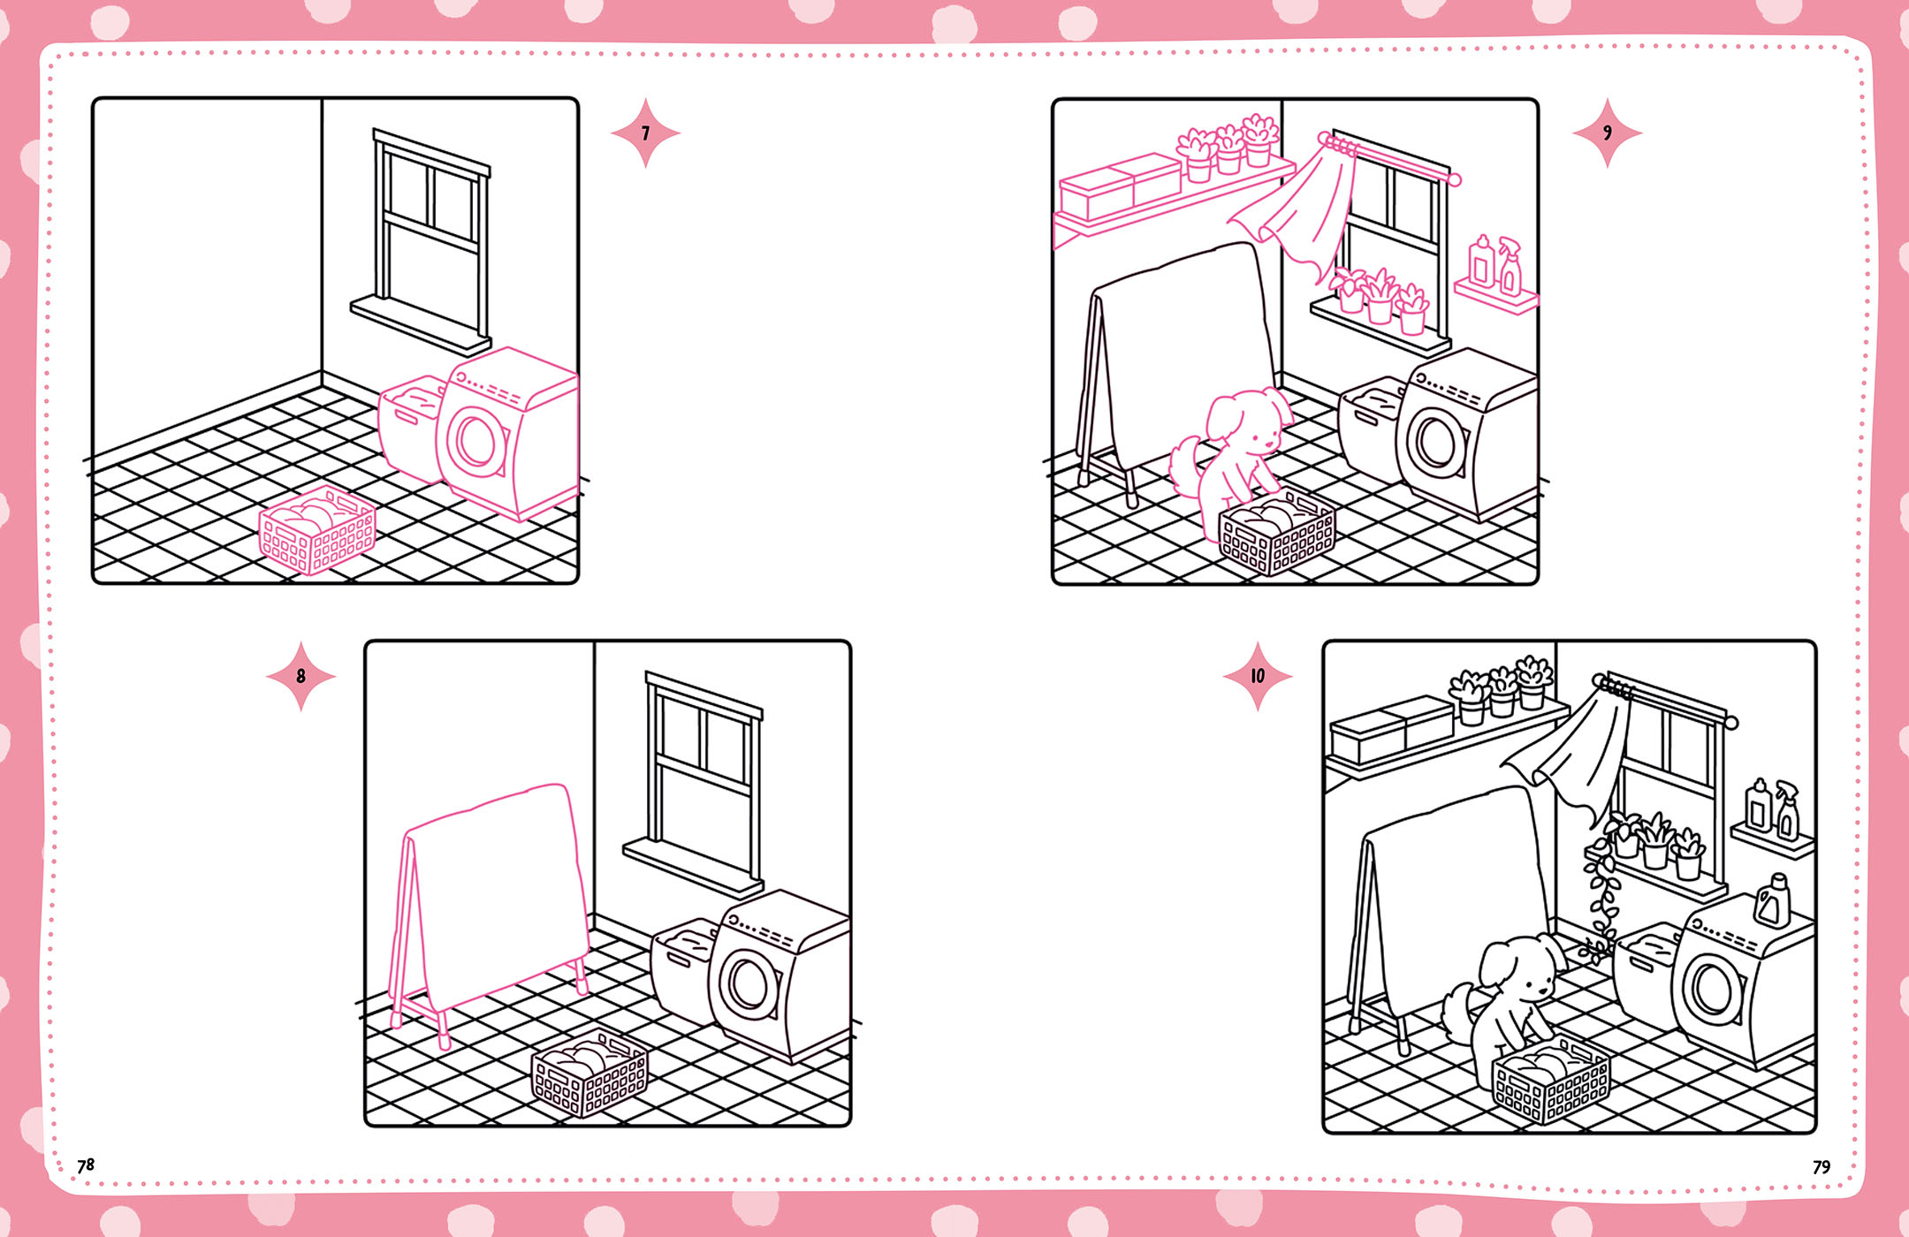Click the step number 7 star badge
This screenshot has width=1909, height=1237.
645,133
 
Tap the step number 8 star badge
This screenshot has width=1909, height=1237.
300,676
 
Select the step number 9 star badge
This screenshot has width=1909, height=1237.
1607,133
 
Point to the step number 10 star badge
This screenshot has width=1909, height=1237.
1258,676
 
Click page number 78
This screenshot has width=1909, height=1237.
86,1165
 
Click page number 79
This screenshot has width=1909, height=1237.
1822,1167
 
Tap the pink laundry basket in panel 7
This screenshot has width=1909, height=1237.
316,531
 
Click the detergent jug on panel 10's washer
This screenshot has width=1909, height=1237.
1772,901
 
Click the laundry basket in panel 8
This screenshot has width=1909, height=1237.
589,1074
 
